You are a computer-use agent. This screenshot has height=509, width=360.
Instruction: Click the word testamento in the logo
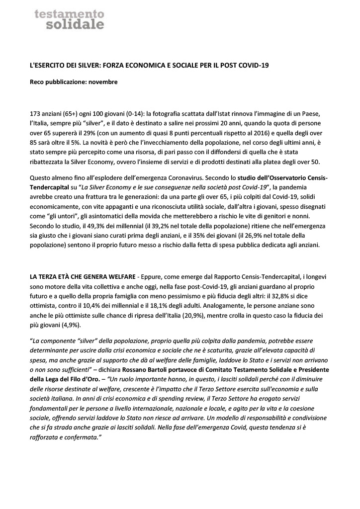tap(70, 11)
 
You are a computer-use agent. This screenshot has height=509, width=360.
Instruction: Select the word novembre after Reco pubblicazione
tap(103, 82)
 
